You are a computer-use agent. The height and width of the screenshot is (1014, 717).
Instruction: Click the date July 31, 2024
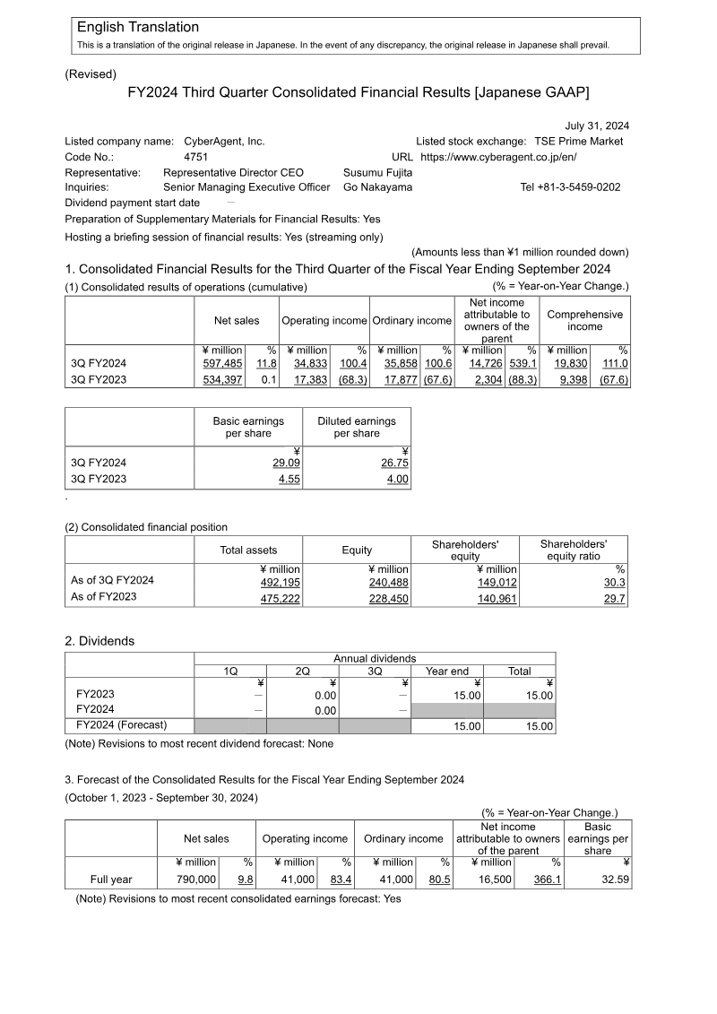pos(597,126)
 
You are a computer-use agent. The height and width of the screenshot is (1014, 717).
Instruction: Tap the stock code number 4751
pos(195,157)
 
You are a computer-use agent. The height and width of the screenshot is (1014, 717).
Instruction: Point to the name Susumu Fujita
pos(377,172)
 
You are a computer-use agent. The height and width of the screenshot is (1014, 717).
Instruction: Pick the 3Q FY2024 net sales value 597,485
pos(223,363)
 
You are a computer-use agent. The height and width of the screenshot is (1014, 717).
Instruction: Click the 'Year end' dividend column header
pos(447,671)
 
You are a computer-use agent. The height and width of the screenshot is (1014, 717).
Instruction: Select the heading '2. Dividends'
pos(99,641)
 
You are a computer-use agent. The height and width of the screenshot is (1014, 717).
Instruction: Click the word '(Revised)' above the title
pos(91,74)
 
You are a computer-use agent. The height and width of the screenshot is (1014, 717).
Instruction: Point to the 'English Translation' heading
pos(138,28)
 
